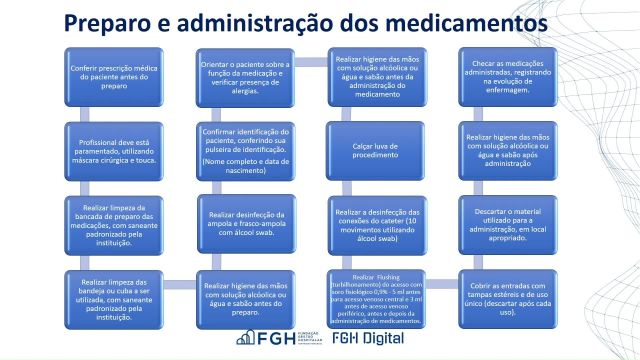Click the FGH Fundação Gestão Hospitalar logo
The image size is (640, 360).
[x=273, y=339]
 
